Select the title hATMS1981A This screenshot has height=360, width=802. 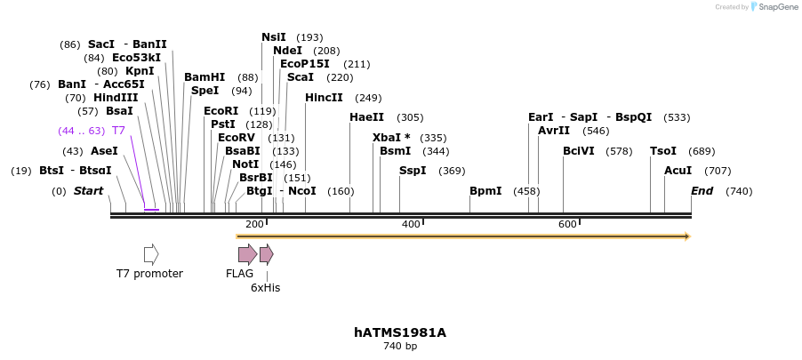tap(400, 332)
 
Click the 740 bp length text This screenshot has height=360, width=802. tap(400, 347)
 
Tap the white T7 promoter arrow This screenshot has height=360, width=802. tap(151, 254)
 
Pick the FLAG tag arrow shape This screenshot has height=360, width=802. tap(247, 254)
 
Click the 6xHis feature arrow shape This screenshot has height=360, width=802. tap(266, 254)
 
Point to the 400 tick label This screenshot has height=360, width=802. tap(411, 225)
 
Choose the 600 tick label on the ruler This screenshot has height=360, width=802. tap(567, 225)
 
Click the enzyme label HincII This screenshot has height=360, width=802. tap(324, 98)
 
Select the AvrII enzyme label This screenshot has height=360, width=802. tap(554, 131)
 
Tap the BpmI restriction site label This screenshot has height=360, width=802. tap(485, 191)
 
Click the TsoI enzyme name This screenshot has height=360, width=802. tap(663, 151)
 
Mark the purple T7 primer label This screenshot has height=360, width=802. tap(118, 131)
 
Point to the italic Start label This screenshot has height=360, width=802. tap(88, 191)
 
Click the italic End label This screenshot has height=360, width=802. tap(702, 191)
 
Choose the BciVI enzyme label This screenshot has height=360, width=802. tap(579, 151)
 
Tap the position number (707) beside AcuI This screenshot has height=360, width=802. tap(718, 171)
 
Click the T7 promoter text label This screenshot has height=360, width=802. tap(149, 274)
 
